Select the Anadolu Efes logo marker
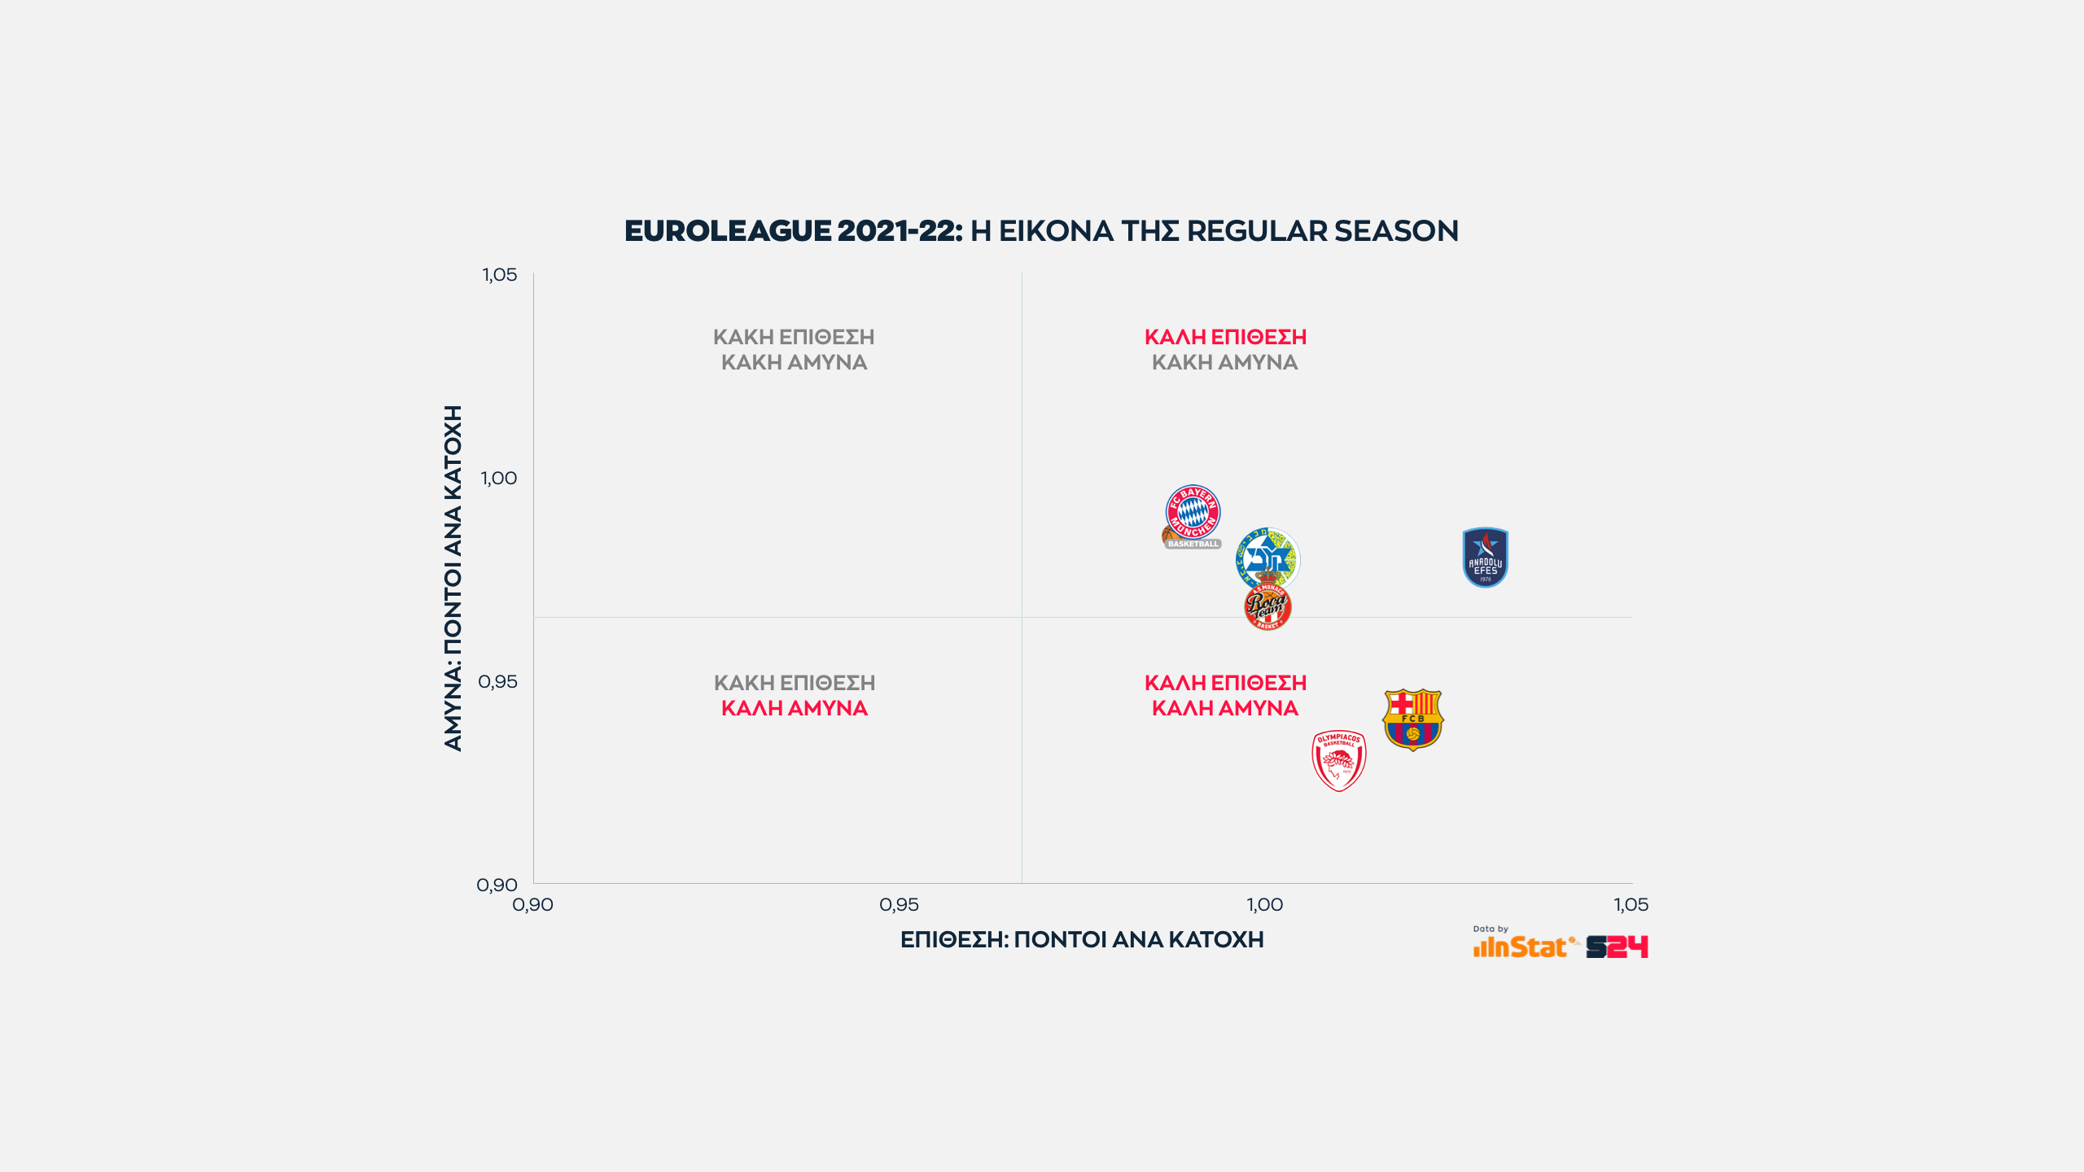point(1485,558)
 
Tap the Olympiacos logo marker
point(1339,760)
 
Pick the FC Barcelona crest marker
point(1413,719)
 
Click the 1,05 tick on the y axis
point(500,275)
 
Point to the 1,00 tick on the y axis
point(499,479)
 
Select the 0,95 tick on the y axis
point(498,682)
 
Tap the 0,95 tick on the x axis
point(899,905)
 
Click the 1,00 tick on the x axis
point(1265,905)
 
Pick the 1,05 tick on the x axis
point(1631,905)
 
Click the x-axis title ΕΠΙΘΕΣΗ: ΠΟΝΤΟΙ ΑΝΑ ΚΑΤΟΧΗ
point(1082,940)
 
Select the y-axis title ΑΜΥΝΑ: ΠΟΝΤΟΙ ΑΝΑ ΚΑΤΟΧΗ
point(453,578)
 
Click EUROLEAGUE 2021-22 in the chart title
point(793,231)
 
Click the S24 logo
point(1617,947)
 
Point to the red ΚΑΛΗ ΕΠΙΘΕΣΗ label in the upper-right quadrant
point(1225,337)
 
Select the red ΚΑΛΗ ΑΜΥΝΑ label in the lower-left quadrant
point(795,709)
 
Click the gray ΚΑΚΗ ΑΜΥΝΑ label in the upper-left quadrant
point(795,363)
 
